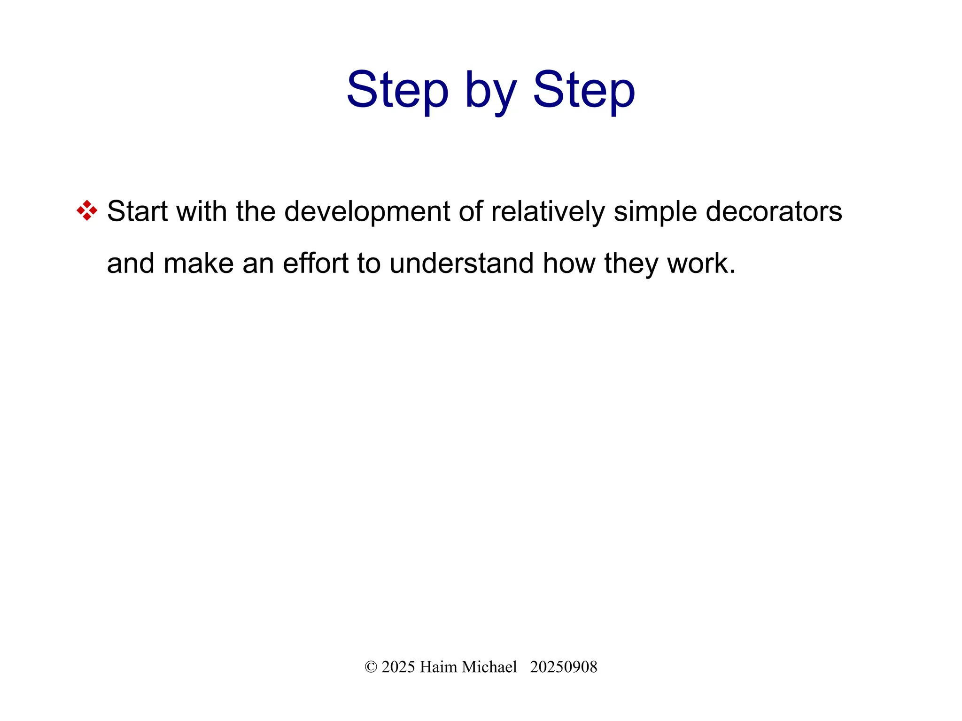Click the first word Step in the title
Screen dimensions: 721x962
coord(397,90)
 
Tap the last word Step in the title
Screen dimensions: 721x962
coord(583,90)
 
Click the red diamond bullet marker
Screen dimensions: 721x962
coord(87,210)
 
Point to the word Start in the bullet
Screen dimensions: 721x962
coord(137,211)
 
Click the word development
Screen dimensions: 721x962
coord(367,211)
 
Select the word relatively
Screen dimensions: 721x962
coord(548,211)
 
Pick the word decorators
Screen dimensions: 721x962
coord(774,211)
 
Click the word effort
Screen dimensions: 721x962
coord(315,263)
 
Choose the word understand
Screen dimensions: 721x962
coord(461,263)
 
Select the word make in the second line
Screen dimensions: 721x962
coord(198,263)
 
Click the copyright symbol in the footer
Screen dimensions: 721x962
coord(371,667)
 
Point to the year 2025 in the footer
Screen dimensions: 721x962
coord(398,667)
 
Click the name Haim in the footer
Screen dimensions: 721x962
coord(438,667)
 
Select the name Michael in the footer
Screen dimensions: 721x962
coord(489,667)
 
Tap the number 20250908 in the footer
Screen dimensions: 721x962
coord(563,667)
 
